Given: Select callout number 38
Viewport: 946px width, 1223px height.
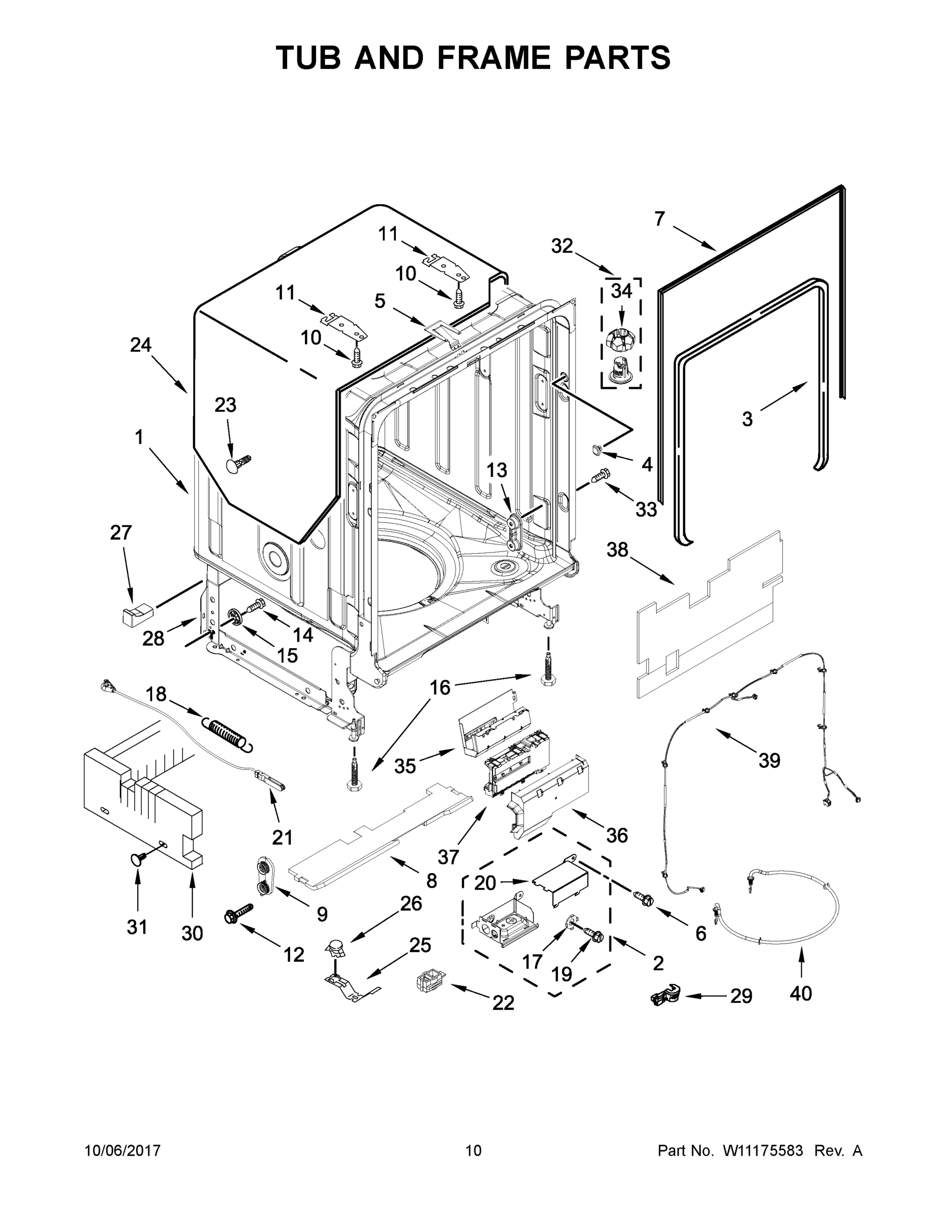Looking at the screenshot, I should click(x=618, y=550).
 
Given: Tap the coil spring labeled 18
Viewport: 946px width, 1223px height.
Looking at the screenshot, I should click(x=226, y=733).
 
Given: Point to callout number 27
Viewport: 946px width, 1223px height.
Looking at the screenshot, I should click(x=120, y=533).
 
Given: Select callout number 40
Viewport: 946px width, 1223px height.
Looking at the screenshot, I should click(x=800, y=993).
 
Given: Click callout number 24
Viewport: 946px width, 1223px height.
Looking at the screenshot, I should click(x=141, y=345).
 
